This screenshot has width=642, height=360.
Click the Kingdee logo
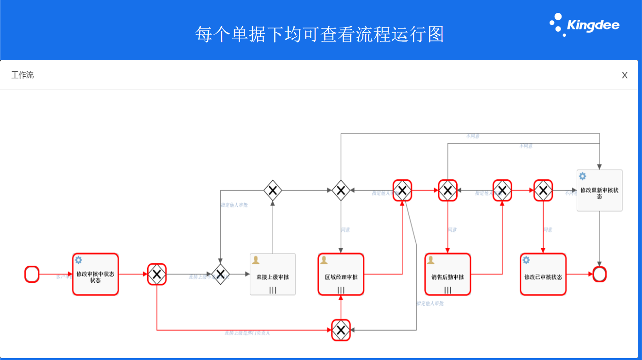(x=585, y=25)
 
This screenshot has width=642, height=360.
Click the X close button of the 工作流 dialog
(x=625, y=75)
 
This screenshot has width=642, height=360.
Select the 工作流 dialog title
(x=23, y=75)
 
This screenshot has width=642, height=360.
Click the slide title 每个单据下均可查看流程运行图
(x=320, y=34)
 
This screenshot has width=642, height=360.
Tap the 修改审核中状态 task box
(x=95, y=274)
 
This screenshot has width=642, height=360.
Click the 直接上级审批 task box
(x=273, y=274)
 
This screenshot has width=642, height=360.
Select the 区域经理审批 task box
(x=341, y=274)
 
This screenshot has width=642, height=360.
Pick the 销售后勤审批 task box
(x=447, y=274)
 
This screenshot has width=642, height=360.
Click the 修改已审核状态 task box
(x=543, y=274)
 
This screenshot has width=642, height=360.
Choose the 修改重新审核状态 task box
(x=599, y=190)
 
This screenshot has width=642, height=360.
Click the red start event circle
(x=32, y=274)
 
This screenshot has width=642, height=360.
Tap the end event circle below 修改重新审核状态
(x=599, y=274)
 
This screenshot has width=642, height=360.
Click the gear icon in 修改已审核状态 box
(x=526, y=260)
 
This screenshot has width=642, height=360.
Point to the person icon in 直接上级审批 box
(x=256, y=260)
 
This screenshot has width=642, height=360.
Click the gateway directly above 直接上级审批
(x=273, y=190)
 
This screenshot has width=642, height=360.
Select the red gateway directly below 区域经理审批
(x=341, y=330)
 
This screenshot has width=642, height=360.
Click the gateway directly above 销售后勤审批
(x=447, y=190)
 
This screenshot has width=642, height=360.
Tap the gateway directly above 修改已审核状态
(x=543, y=190)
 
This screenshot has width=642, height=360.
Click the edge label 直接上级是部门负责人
(x=247, y=332)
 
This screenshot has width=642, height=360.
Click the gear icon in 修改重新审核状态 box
(x=582, y=177)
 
